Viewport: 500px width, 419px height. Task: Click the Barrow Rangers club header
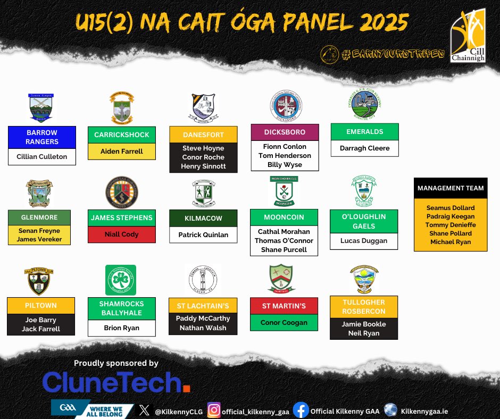point(42,137)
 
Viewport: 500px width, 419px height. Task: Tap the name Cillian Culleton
point(42,157)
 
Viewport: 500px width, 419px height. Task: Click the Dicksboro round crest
point(286,105)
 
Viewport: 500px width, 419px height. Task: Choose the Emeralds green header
point(364,132)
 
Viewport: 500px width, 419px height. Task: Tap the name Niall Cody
point(122,234)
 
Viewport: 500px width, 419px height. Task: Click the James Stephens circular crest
point(122,192)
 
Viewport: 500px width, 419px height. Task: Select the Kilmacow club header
point(203,219)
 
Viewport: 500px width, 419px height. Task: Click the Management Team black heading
point(451,188)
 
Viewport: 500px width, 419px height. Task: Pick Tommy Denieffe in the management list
point(451,225)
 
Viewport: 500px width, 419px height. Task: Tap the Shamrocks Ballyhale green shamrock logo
point(121,280)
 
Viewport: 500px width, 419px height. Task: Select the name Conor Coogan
point(285,322)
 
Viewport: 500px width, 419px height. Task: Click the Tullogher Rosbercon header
point(364,306)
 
